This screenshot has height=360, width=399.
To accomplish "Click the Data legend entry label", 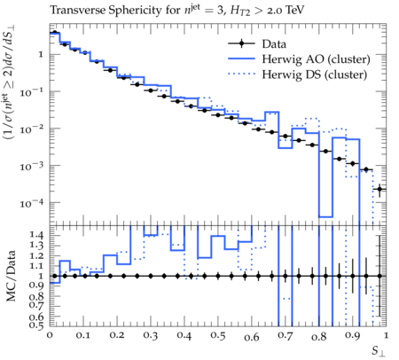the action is (x=274, y=44).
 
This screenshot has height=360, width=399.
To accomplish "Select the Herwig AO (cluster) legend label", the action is (x=316, y=59).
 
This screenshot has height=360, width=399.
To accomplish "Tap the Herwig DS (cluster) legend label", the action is (x=315, y=74).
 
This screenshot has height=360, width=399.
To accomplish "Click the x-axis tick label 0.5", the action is (x=218, y=336).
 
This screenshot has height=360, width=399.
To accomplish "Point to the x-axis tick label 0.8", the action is (x=319, y=336).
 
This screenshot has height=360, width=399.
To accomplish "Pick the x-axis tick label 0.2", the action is (x=117, y=335).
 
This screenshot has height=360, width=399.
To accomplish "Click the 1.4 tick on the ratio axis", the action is (x=36, y=235).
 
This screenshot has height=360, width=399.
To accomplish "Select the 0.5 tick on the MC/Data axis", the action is (x=36, y=325).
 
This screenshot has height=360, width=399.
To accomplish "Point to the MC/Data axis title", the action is (x=11, y=276).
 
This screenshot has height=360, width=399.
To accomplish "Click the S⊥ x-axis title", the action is (x=379, y=351).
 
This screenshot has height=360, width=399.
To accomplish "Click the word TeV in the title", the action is (x=293, y=11).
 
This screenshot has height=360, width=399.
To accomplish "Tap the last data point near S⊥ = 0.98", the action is (x=379, y=189).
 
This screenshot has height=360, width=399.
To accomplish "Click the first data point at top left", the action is (x=54, y=33).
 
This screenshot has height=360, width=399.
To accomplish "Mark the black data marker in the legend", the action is (x=241, y=43).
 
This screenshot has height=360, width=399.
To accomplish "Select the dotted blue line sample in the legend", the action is (x=241, y=74).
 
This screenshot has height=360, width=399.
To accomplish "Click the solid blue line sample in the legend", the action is (x=241, y=59).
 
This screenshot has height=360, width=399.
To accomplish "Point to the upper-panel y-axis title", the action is (x=10, y=82).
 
